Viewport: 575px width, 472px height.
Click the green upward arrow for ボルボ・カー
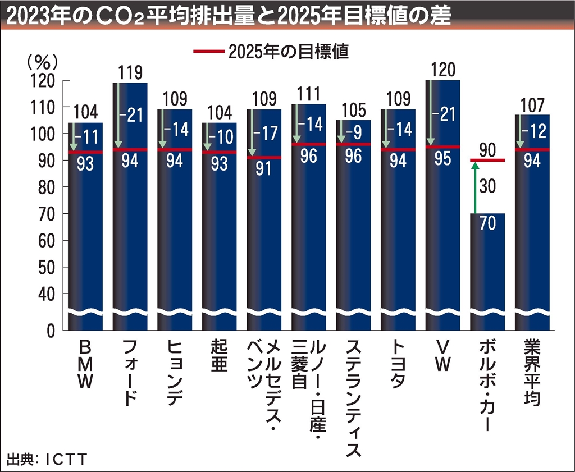(474, 187)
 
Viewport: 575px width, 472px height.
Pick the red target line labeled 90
(487, 161)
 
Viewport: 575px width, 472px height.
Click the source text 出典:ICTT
(47, 460)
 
